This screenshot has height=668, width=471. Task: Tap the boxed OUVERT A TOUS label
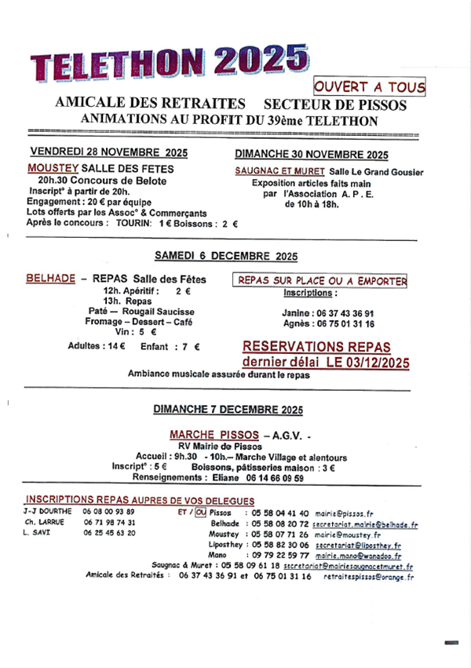369,87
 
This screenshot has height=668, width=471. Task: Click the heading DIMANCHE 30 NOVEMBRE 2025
312,155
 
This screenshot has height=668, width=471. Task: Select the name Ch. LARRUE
43,522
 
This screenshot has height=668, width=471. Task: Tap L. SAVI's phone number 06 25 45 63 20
109,533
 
